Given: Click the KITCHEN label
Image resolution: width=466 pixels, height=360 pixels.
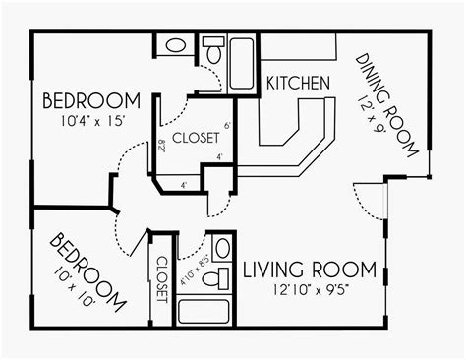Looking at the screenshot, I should (298, 86).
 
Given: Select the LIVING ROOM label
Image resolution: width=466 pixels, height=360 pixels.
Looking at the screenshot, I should (309, 268).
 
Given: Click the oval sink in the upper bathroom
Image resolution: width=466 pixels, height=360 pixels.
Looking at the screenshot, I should (174, 45).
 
